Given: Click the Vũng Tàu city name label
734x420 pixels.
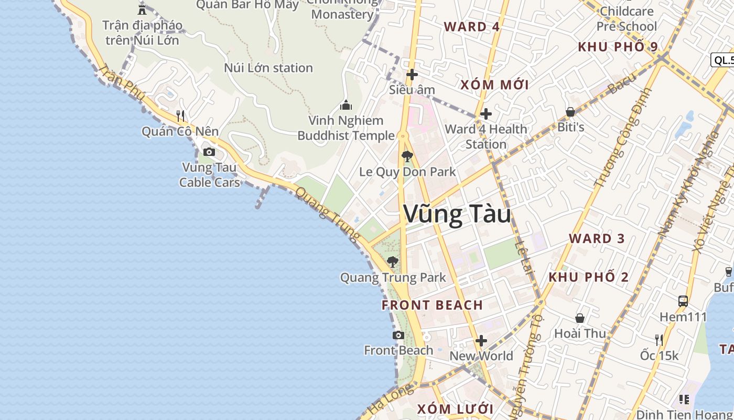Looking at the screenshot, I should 457,214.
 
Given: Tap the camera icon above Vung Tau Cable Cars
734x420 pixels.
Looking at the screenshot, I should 209,152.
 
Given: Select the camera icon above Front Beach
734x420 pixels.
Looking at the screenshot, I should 398,335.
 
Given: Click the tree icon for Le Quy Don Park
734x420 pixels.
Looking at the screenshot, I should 407,156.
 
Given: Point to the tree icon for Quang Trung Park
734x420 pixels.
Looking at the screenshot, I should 392,261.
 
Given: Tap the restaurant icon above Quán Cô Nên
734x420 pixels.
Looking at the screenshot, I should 180,115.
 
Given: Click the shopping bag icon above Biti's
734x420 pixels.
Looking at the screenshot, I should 570,112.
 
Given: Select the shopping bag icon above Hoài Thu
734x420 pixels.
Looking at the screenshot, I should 580,318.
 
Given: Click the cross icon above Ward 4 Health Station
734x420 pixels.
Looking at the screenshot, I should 486,113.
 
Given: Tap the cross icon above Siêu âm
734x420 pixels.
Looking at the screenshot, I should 412,75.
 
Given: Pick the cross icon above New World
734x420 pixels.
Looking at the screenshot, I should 481,341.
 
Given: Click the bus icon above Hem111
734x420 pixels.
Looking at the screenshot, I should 683,301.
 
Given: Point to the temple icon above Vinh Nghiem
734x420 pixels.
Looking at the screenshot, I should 346,106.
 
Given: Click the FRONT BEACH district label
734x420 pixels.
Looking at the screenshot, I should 432,305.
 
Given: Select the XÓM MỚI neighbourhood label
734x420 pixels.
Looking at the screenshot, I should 494,85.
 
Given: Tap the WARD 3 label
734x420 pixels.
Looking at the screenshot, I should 597,238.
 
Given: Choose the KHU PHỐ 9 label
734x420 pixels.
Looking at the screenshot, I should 618,47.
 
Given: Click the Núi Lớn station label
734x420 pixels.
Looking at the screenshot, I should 268,68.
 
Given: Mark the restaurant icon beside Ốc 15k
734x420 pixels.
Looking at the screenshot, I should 659,340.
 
